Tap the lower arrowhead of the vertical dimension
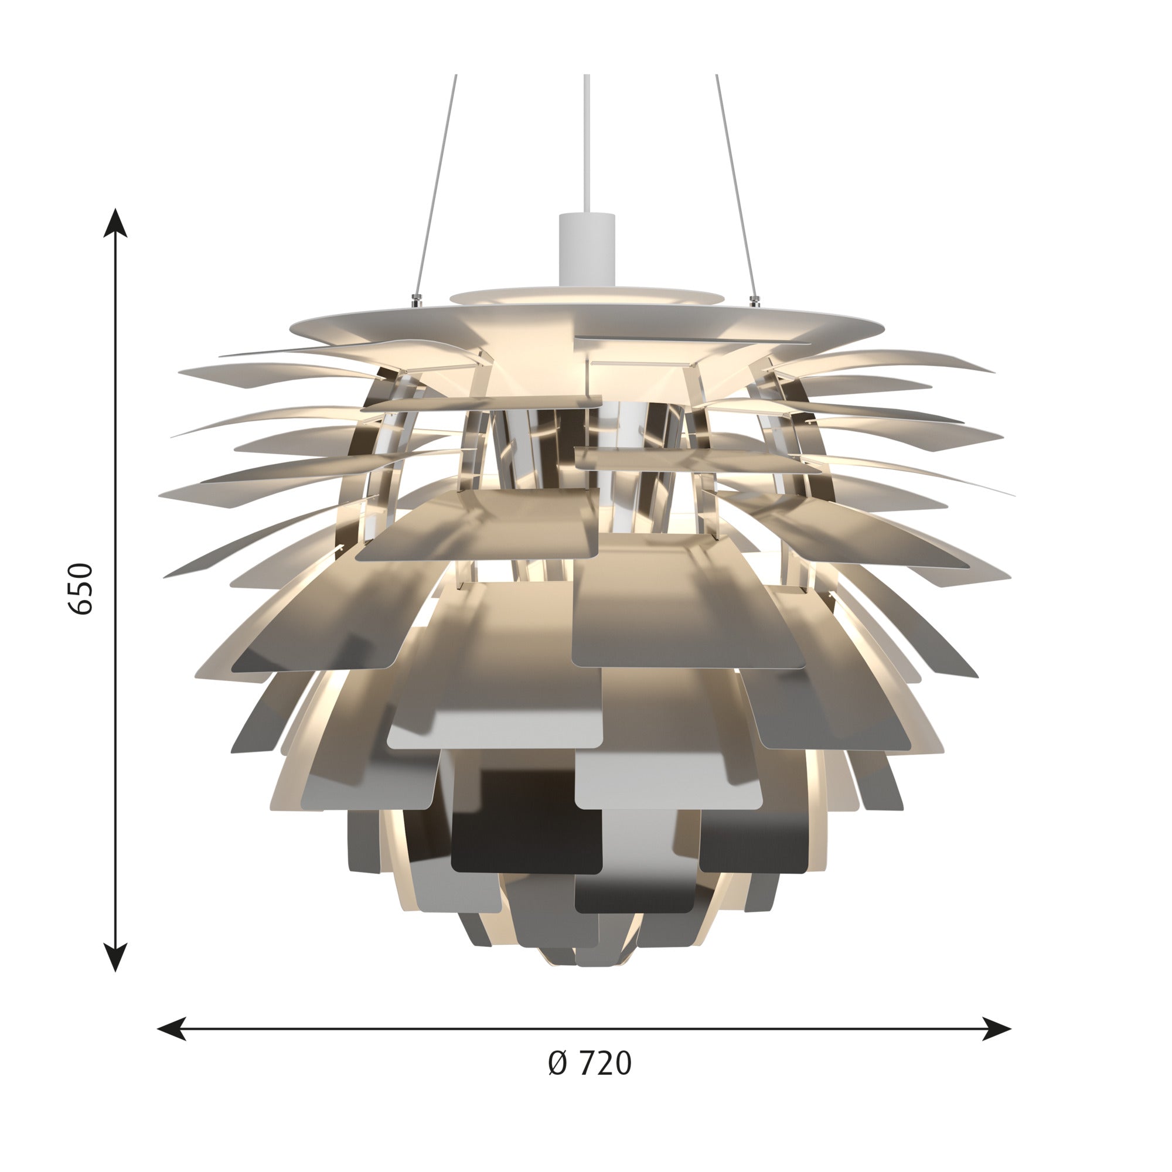pos(115,958)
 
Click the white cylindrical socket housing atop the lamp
pos(587,248)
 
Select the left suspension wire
pos(435,182)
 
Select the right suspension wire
pos(735,182)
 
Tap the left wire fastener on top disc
pos(415,299)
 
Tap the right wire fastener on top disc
pos(755,299)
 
